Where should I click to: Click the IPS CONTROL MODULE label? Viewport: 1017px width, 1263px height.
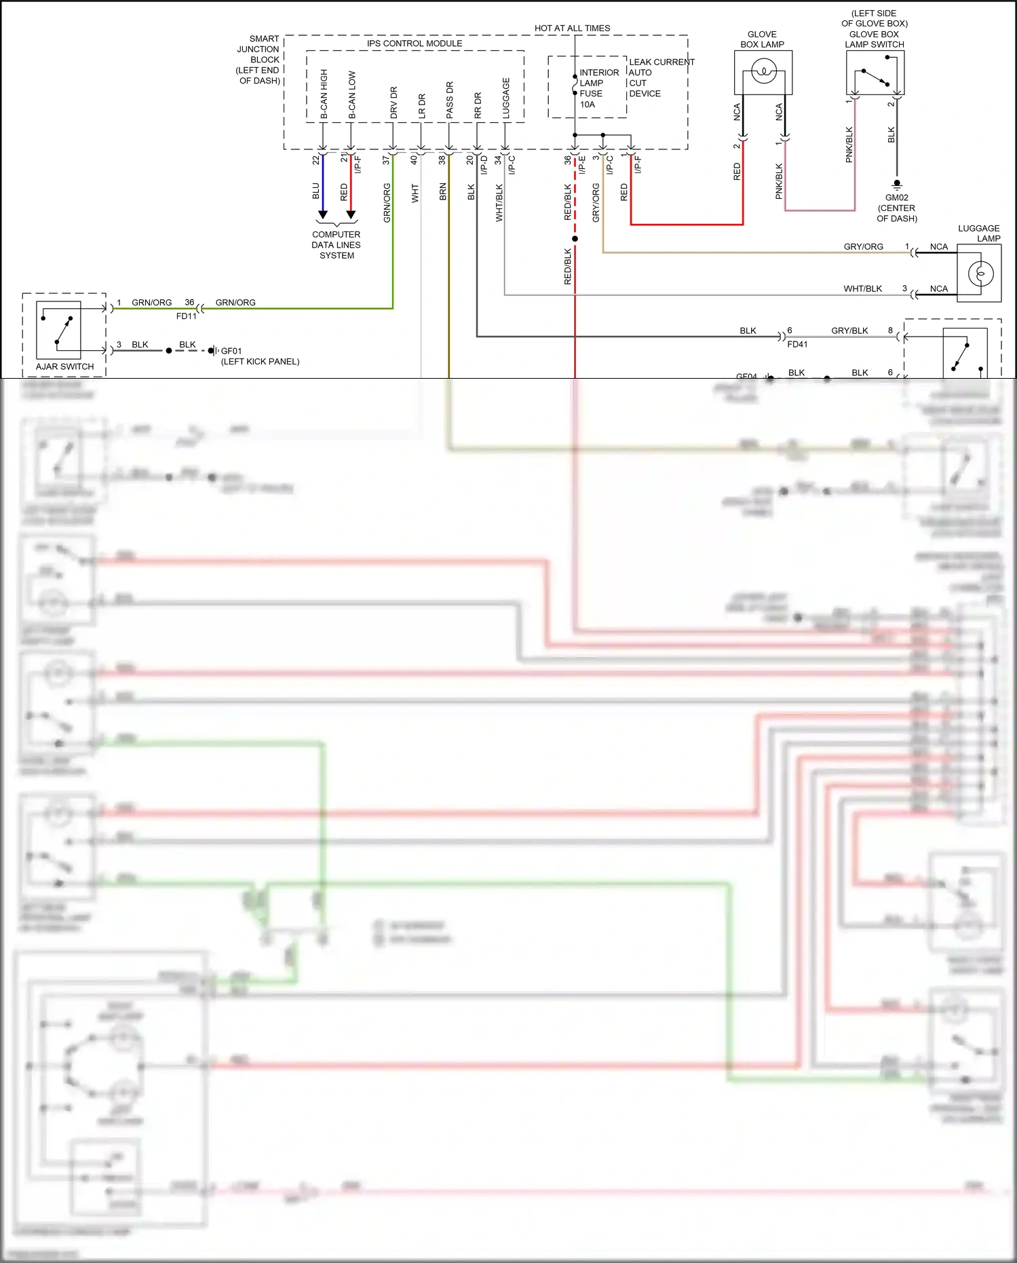[415, 43]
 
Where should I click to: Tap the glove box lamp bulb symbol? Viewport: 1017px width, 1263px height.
[764, 71]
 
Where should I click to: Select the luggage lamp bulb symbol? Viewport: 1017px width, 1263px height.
[981, 274]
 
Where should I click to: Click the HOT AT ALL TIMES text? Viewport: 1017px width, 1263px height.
[572, 29]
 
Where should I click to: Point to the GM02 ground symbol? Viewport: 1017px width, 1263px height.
[897, 184]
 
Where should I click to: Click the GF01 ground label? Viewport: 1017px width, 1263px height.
[231, 351]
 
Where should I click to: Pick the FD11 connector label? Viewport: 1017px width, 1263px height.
[186, 316]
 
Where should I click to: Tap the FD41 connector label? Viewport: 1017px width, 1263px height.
[797, 344]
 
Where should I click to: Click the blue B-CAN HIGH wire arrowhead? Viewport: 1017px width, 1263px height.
[323, 214]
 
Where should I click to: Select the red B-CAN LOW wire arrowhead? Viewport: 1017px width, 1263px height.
[351, 214]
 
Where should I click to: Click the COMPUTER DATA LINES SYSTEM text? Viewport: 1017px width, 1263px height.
[337, 245]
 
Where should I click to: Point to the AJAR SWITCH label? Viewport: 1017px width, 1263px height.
[64, 366]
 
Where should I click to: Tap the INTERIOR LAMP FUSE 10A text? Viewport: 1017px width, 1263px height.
[598, 88]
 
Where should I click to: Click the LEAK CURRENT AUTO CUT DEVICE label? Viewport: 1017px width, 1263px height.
[661, 77]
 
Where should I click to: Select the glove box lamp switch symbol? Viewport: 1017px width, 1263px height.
[875, 76]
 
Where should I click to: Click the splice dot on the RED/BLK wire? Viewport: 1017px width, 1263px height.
[575, 239]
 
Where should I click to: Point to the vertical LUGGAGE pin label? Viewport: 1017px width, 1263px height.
[506, 98]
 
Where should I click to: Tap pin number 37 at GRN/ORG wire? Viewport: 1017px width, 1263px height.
[386, 160]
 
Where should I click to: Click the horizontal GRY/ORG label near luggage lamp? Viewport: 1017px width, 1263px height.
[863, 246]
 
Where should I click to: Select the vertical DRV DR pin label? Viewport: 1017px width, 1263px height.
[394, 102]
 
